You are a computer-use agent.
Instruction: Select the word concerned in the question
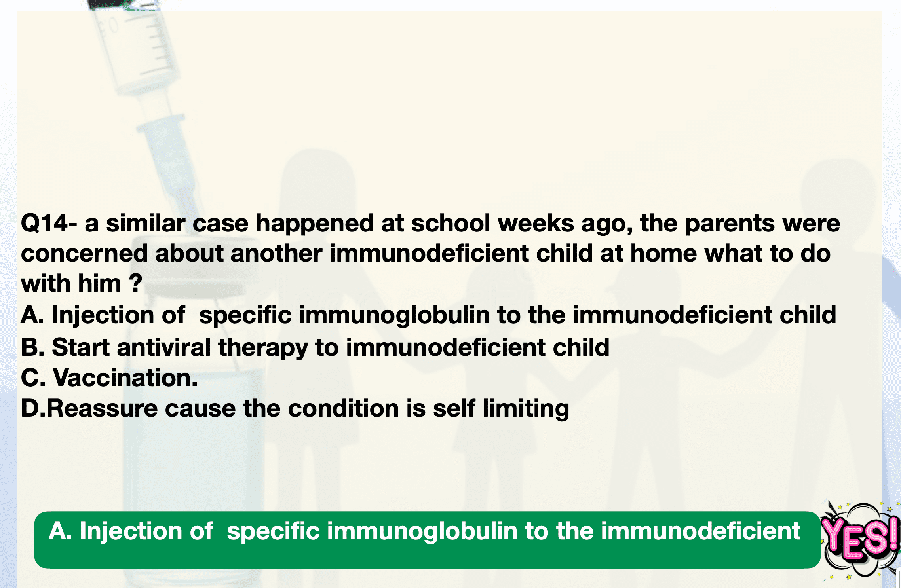84,254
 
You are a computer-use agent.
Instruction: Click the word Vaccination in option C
125,378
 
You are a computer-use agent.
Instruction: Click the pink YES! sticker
860,539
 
